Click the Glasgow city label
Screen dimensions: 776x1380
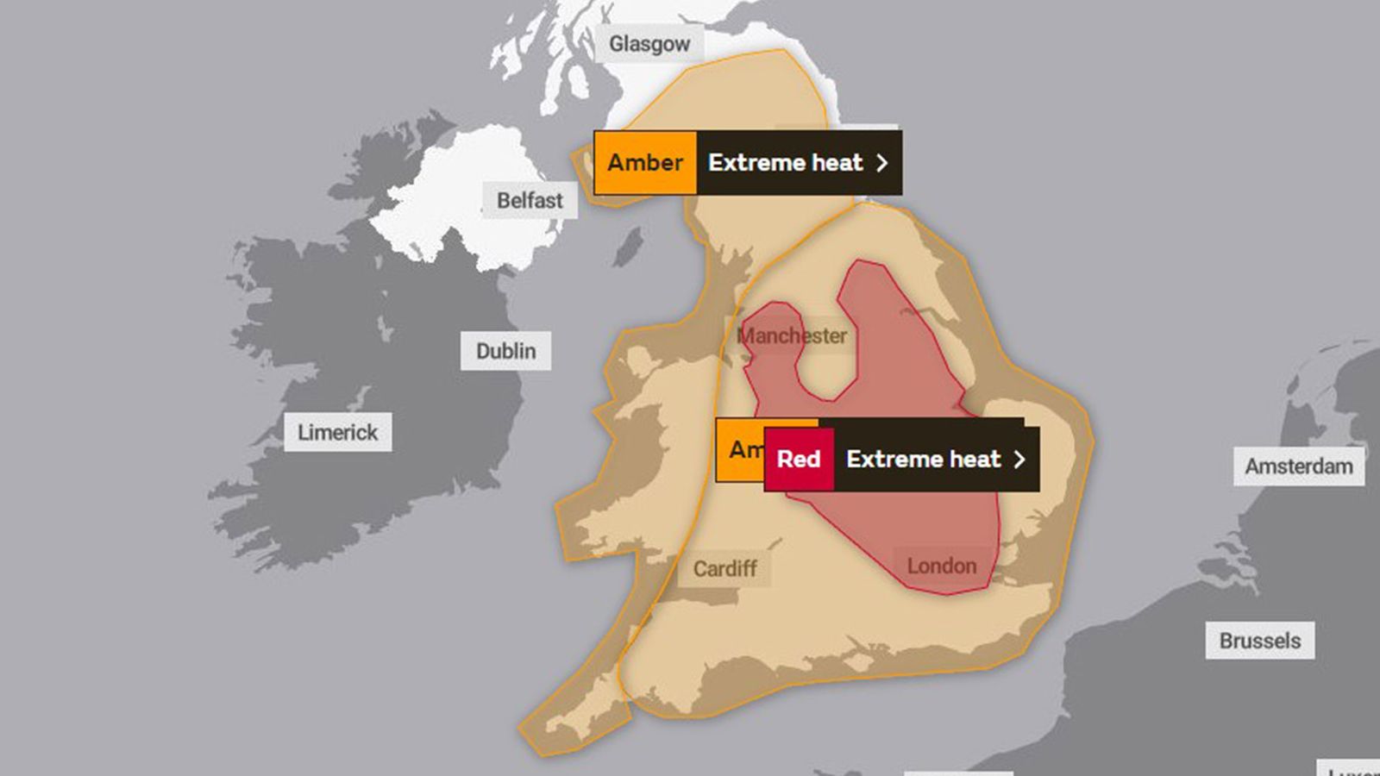click(x=649, y=43)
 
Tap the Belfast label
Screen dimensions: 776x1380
click(x=529, y=200)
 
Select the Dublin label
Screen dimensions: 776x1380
click(x=505, y=351)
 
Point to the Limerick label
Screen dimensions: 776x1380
click(x=337, y=432)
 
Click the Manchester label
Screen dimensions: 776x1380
click(x=792, y=335)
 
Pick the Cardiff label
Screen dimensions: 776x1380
click(x=724, y=568)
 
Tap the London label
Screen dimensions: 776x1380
click(x=941, y=566)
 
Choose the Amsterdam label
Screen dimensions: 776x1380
click(x=1298, y=466)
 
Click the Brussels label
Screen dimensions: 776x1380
click(x=1259, y=641)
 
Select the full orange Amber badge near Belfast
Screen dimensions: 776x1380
click(x=645, y=162)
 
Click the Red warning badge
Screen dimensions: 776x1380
click(x=799, y=460)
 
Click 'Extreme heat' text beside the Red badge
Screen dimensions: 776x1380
click(x=923, y=460)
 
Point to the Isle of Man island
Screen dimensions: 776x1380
click(x=629, y=246)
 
